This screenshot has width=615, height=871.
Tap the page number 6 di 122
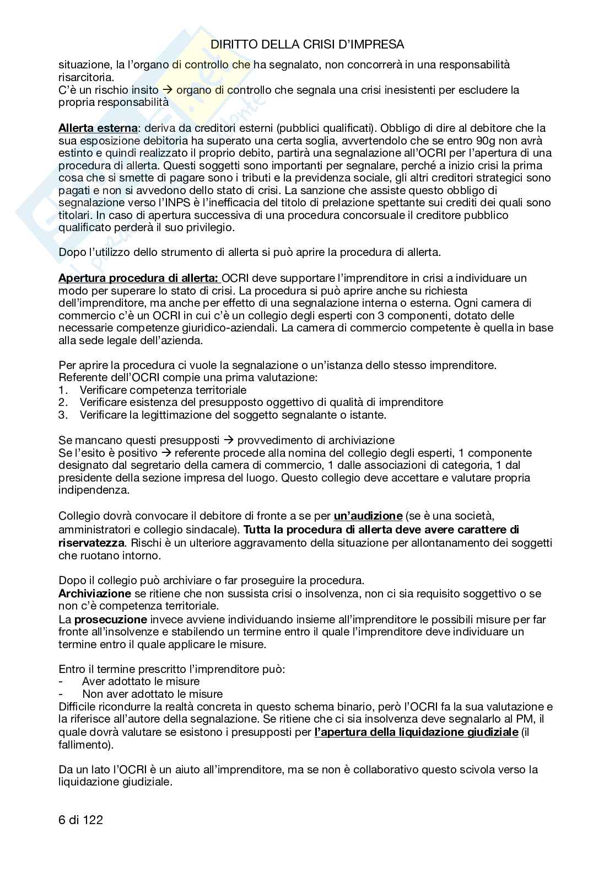[80, 820]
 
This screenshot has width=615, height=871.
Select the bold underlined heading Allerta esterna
[98, 128]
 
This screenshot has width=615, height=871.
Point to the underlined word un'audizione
[368, 516]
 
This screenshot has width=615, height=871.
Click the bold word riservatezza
[91, 542]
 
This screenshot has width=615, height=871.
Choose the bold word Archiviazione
[95, 594]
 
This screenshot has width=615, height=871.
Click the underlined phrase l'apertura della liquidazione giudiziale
[416, 732]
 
